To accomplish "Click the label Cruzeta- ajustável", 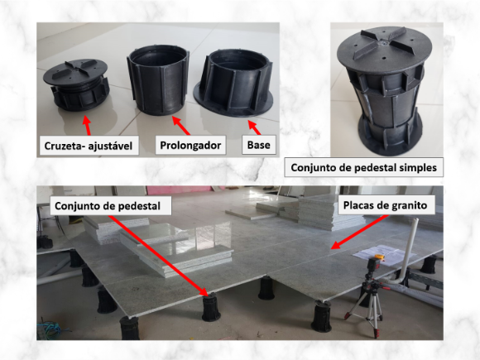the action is pyautogui.click(x=89, y=146).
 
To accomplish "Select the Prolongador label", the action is pyautogui.click(x=190, y=145).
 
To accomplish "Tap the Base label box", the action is pyautogui.click(x=259, y=145).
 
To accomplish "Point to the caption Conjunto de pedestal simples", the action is pyautogui.click(x=363, y=167).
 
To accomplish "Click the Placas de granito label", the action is pyautogui.click(x=385, y=205).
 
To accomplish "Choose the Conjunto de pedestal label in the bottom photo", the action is pyautogui.click(x=108, y=206).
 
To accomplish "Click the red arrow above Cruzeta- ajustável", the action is pyautogui.click(x=87, y=125).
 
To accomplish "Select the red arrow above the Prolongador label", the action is pyautogui.click(x=181, y=125).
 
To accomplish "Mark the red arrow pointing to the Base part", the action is pyautogui.click(x=254, y=127).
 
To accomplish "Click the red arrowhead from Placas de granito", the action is pyautogui.click(x=335, y=245).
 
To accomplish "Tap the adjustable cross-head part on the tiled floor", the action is pyautogui.click(x=76, y=84).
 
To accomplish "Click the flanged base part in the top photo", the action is pyautogui.click(x=233, y=84).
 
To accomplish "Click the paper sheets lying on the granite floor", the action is pyautogui.click(x=384, y=252).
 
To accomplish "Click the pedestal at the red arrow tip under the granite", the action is pyautogui.click(x=211, y=307).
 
